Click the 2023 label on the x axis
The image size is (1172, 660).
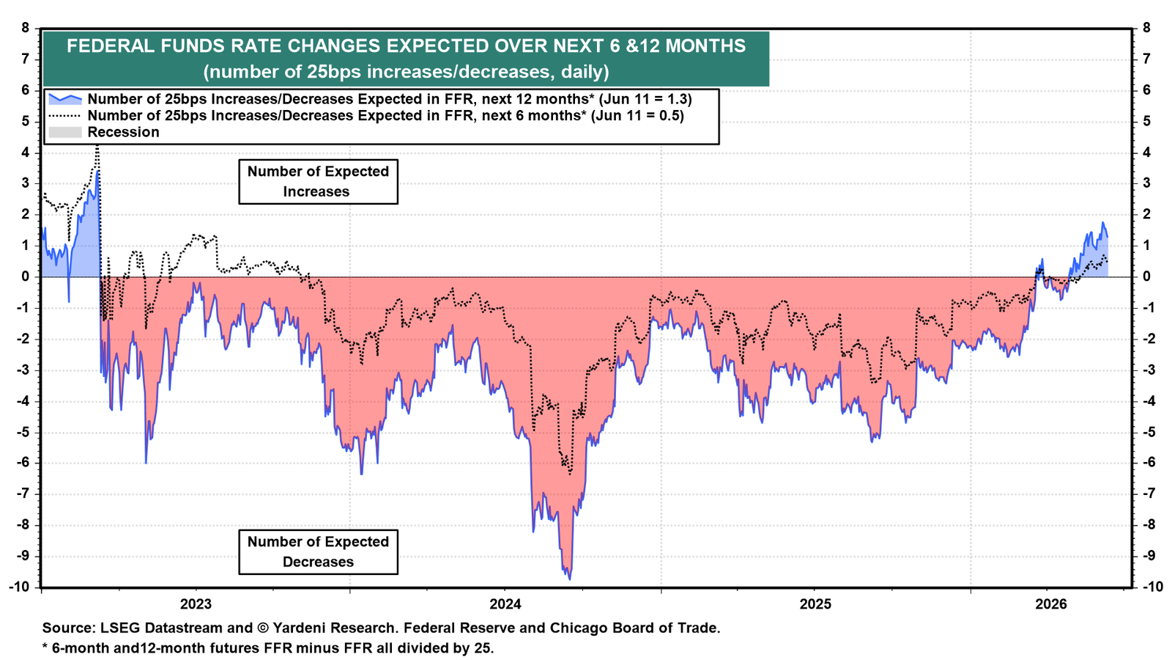tap(196, 604)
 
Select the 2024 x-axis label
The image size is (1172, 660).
tap(505, 604)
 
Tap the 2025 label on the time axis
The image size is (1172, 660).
tap(816, 604)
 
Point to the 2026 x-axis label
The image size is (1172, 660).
tap(1051, 604)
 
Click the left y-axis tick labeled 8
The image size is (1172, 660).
tap(25, 28)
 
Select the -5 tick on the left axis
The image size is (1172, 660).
tap(22, 432)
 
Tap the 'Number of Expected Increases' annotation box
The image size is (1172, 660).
tap(318, 182)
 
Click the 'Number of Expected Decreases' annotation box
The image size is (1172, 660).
tap(318, 552)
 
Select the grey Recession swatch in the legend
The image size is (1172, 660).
tap(65, 132)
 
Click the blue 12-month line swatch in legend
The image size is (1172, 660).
tap(65, 99)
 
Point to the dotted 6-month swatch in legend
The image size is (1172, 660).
tap(65, 115)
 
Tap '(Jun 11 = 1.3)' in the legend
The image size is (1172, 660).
tap(645, 99)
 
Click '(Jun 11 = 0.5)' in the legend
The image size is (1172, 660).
tap(637, 115)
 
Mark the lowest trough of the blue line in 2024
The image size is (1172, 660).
tap(569, 579)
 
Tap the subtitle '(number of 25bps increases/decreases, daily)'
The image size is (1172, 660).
tap(406, 71)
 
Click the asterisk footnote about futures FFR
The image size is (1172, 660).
tap(268, 648)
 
